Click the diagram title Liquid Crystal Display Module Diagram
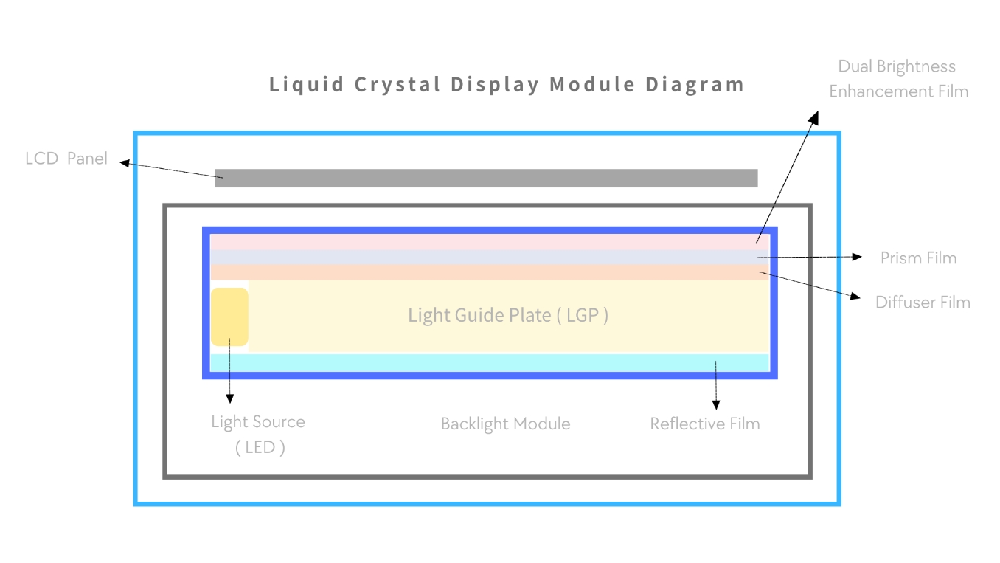507,84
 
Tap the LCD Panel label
66,159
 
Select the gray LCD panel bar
486,178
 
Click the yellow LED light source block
229,317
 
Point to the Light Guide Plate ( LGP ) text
508,316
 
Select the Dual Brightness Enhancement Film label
897,79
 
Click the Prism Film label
918,258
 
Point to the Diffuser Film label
923,303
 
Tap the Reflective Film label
704,424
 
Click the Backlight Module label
505,424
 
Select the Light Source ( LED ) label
258,435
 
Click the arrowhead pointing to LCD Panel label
125,163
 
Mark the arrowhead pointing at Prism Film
857,257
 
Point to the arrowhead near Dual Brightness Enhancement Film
814,117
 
